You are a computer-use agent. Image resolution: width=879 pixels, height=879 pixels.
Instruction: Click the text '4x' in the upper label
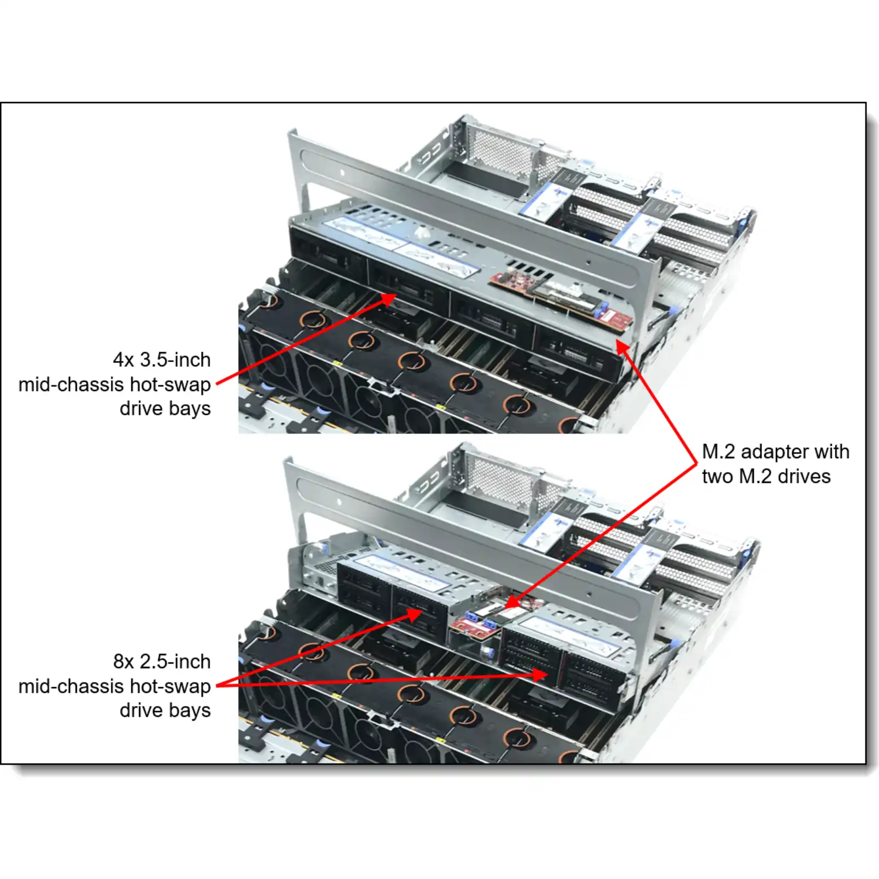tap(124, 360)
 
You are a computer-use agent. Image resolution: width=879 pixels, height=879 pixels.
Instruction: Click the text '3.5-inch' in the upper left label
tap(175, 360)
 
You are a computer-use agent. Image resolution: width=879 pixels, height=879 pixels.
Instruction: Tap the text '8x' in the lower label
tap(124, 661)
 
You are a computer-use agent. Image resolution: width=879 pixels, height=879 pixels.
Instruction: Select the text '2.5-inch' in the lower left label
tap(175, 661)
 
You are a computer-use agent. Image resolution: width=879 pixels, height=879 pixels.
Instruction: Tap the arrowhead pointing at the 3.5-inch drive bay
tap(388, 299)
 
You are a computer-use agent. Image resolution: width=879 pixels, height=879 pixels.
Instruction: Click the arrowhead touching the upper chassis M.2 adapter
tap(623, 347)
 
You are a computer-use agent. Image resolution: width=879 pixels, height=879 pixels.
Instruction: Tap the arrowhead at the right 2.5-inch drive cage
tap(541, 675)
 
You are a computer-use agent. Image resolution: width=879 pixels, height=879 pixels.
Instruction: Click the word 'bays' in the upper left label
tap(190, 409)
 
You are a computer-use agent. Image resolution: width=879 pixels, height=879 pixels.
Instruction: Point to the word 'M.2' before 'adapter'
tap(719, 452)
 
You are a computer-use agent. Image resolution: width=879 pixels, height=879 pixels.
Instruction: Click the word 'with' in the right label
tap(832, 452)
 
